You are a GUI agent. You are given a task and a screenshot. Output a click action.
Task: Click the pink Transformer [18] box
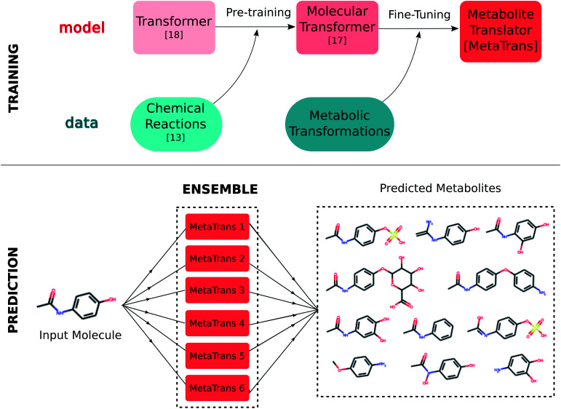pos(174,28)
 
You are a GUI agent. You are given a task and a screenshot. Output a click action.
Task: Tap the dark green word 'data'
pos(81,123)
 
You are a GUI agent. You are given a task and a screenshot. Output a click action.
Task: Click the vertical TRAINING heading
pos(13,79)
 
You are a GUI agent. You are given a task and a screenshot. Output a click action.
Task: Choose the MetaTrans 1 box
pos(218,227)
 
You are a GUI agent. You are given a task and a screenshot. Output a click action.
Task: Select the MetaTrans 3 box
pos(218,290)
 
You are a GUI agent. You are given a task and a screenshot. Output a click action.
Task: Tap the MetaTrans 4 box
pos(218,322)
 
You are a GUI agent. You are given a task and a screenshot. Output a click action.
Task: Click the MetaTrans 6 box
pos(218,386)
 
